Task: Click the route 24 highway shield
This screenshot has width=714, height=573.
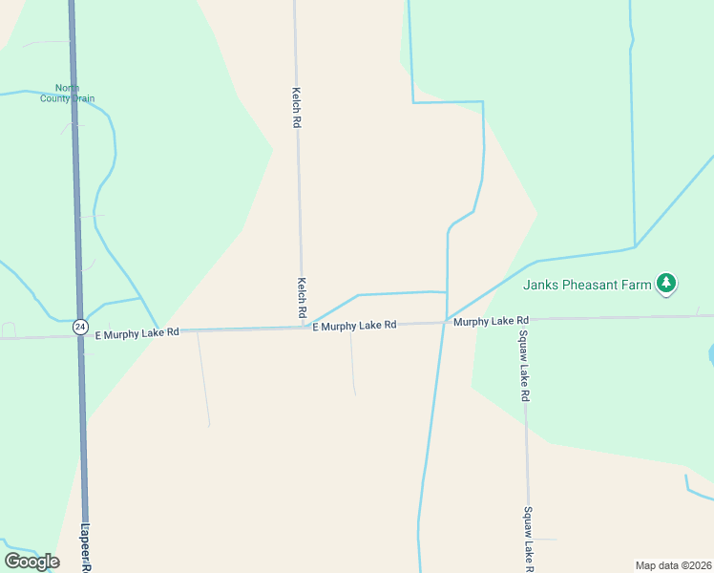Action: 80,327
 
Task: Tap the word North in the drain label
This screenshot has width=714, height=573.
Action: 67,88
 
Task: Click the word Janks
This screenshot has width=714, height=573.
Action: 539,284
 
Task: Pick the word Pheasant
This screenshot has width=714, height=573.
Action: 592,284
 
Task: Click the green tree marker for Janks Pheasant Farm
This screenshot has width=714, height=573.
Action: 666,283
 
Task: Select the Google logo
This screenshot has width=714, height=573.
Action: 31,561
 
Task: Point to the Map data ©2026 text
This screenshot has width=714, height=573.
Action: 673,565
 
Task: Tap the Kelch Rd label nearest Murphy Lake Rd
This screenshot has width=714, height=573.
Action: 302,298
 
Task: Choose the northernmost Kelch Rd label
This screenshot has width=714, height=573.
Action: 296,108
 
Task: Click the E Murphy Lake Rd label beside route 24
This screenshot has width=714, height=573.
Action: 137,332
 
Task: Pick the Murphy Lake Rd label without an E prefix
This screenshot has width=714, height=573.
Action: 491,321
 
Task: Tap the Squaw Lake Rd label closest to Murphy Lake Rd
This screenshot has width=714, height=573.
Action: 524,366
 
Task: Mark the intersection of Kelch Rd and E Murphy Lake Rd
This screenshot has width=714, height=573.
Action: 304,328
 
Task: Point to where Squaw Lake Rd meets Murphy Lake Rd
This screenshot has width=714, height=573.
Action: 523,320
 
